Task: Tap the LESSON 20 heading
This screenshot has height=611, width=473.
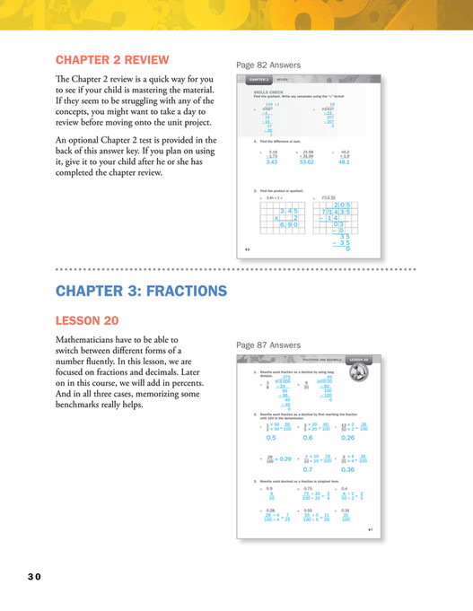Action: point(90,320)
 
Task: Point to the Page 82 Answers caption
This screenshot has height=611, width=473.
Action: point(268,65)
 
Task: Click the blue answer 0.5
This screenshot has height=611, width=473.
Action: point(271,438)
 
